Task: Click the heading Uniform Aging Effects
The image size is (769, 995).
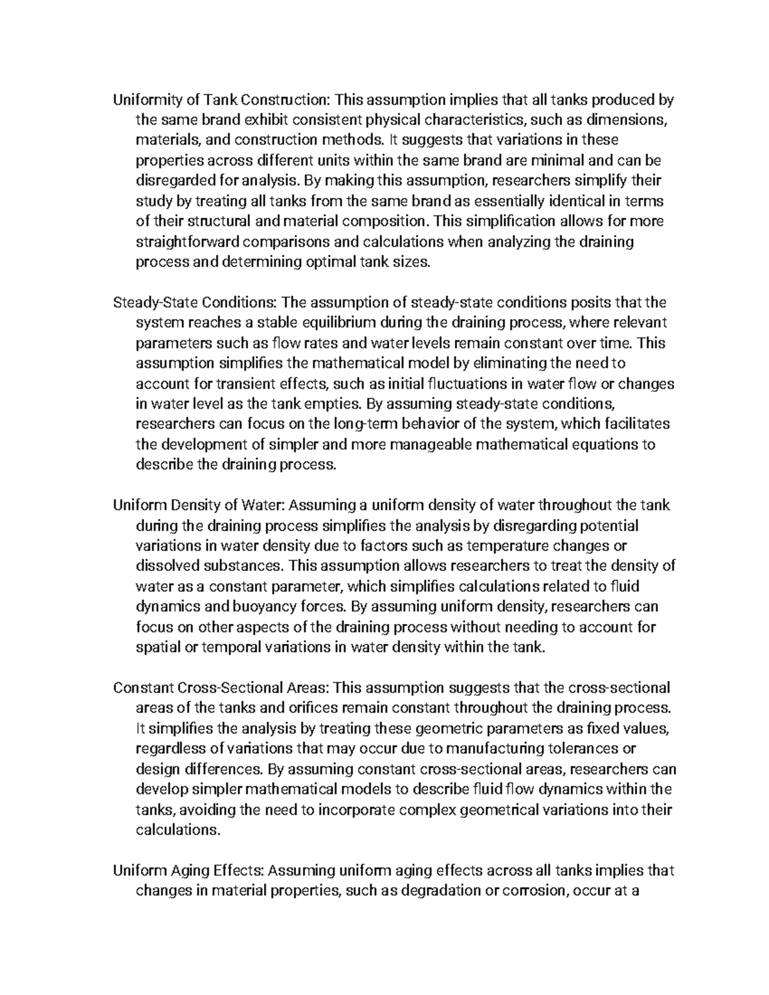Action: (188, 871)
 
